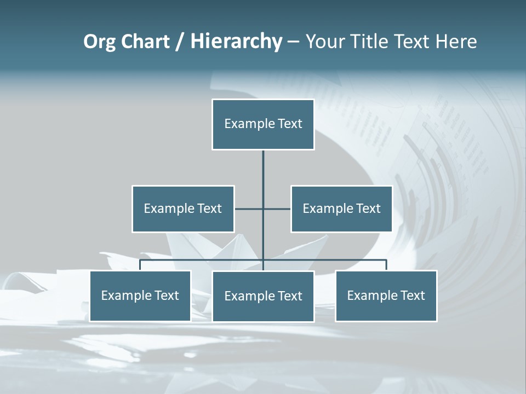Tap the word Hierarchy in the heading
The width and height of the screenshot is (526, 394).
point(236,42)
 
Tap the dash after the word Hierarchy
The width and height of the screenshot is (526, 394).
point(293,42)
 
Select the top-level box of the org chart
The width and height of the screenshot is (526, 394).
point(263,124)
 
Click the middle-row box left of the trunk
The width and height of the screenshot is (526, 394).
point(183,208)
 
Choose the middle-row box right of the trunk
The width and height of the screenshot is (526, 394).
point(341,208)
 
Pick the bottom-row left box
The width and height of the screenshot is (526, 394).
point(140,296)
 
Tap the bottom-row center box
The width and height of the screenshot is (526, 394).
point(263,296)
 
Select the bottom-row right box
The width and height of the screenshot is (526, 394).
point(386,296)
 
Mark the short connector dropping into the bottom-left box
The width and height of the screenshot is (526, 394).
point(140,265)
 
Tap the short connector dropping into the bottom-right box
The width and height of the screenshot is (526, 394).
point(386,265)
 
